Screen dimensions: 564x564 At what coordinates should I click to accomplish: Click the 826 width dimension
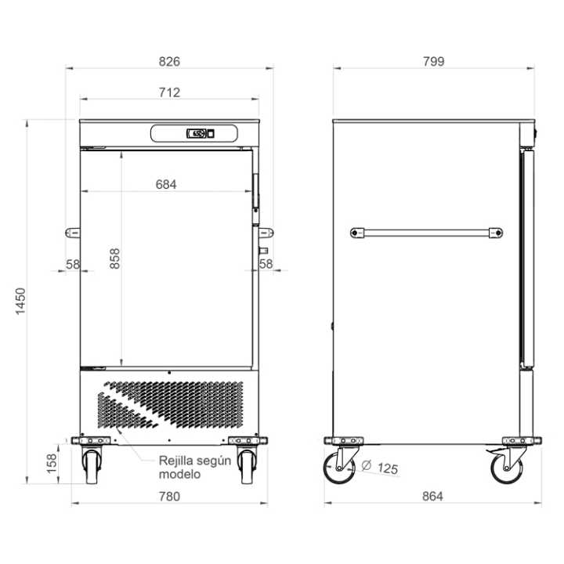pos(169,62)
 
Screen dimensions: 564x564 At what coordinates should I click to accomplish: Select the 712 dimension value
pos(169,92)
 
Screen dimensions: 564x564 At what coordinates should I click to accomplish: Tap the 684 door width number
pos(166,184)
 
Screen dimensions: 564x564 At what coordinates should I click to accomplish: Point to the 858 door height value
pos(114,258)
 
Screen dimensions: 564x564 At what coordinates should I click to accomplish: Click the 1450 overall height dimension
pos(20,302)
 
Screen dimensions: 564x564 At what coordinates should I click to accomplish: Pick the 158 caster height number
pos(52,463)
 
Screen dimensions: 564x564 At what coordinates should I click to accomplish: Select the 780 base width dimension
pos(169,497)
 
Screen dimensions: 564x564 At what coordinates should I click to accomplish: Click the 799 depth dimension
pos(433,62)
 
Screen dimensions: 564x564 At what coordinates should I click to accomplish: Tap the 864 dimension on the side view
pos(432,497)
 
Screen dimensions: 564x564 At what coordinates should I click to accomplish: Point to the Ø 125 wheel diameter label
pos(380,467)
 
